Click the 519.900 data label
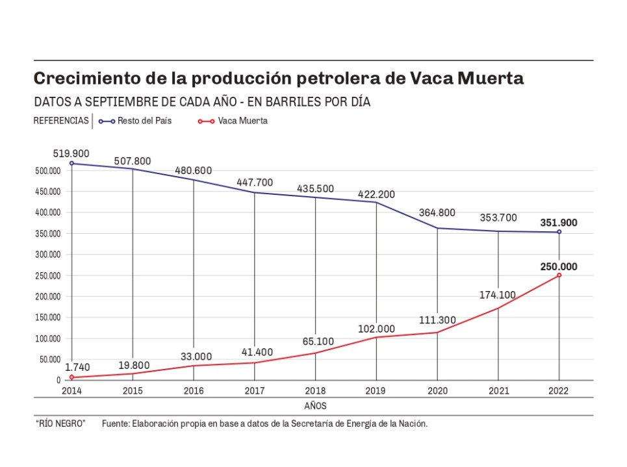71,154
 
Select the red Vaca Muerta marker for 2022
559,275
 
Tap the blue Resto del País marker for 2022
559,232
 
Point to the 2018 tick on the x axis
315,391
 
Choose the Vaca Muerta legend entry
242,121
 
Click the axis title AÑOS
315,406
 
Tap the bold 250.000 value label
558,266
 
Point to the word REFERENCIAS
60,121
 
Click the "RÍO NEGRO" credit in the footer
60,424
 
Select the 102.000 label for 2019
376,329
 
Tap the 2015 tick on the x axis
133,391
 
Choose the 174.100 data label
497,295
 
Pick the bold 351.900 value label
558,223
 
